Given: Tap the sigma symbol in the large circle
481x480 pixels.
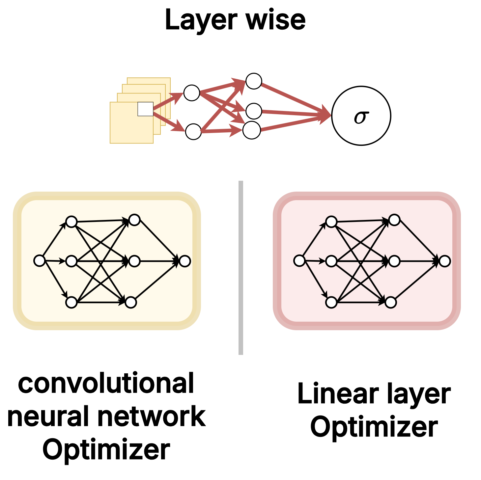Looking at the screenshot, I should (361, 117).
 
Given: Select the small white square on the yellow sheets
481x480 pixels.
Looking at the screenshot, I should (145, 109).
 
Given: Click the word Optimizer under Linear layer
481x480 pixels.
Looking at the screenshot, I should (374, 427).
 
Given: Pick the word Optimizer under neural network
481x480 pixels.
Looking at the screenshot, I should (106, 450).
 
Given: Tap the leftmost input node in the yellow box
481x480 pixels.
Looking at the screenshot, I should (40, 261).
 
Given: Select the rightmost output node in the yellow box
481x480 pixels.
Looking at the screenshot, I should (185, 261).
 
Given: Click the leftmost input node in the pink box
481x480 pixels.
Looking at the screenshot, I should (299, 261).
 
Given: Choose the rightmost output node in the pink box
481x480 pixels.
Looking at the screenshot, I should (445, 261).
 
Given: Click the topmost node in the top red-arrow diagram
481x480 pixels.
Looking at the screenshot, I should (254, 81).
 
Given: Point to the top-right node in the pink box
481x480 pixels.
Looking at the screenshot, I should (394, 220).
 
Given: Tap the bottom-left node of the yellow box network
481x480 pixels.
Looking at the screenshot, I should (71, 302).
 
